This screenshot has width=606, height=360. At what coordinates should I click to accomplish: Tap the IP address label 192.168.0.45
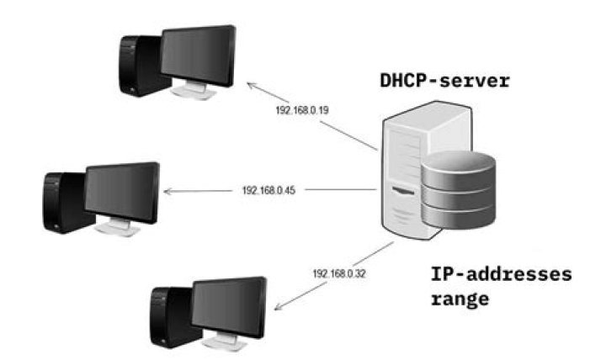pyautogui.click(x=268, y=191)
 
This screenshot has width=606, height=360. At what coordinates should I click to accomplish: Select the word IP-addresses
pyautogui.click(x=500, y=274)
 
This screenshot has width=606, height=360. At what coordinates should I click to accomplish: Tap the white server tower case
pyautogui.click(x=402, y=168)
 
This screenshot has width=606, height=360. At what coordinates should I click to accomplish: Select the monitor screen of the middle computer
pyautogui.click(x=122, y=191)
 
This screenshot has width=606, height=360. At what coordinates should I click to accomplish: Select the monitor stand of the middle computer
pyautogui.click(x=118, y=227)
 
